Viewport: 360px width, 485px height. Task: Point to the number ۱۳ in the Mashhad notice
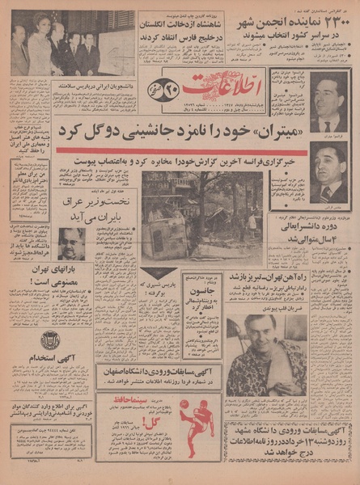282,440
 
